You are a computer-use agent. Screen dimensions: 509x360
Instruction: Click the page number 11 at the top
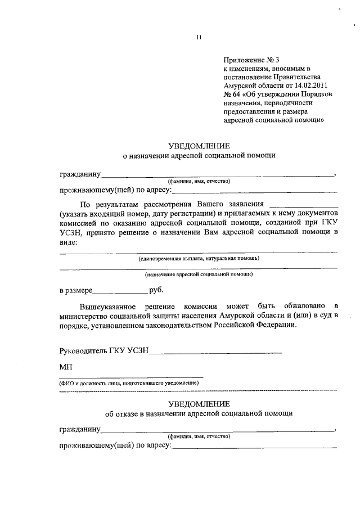click(198, 38)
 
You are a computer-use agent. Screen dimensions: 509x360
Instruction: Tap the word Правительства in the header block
click(299, 76)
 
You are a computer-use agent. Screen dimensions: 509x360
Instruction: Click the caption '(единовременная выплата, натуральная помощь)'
click(199, 258)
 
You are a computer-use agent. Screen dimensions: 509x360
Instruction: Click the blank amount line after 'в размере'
click(119, 292)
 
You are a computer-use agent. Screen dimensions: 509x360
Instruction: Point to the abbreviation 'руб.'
click(157, 291)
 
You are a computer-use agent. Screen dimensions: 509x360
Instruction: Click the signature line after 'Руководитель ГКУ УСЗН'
click(216, 352)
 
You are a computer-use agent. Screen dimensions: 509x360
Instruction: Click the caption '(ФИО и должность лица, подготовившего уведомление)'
click(130, 382)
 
